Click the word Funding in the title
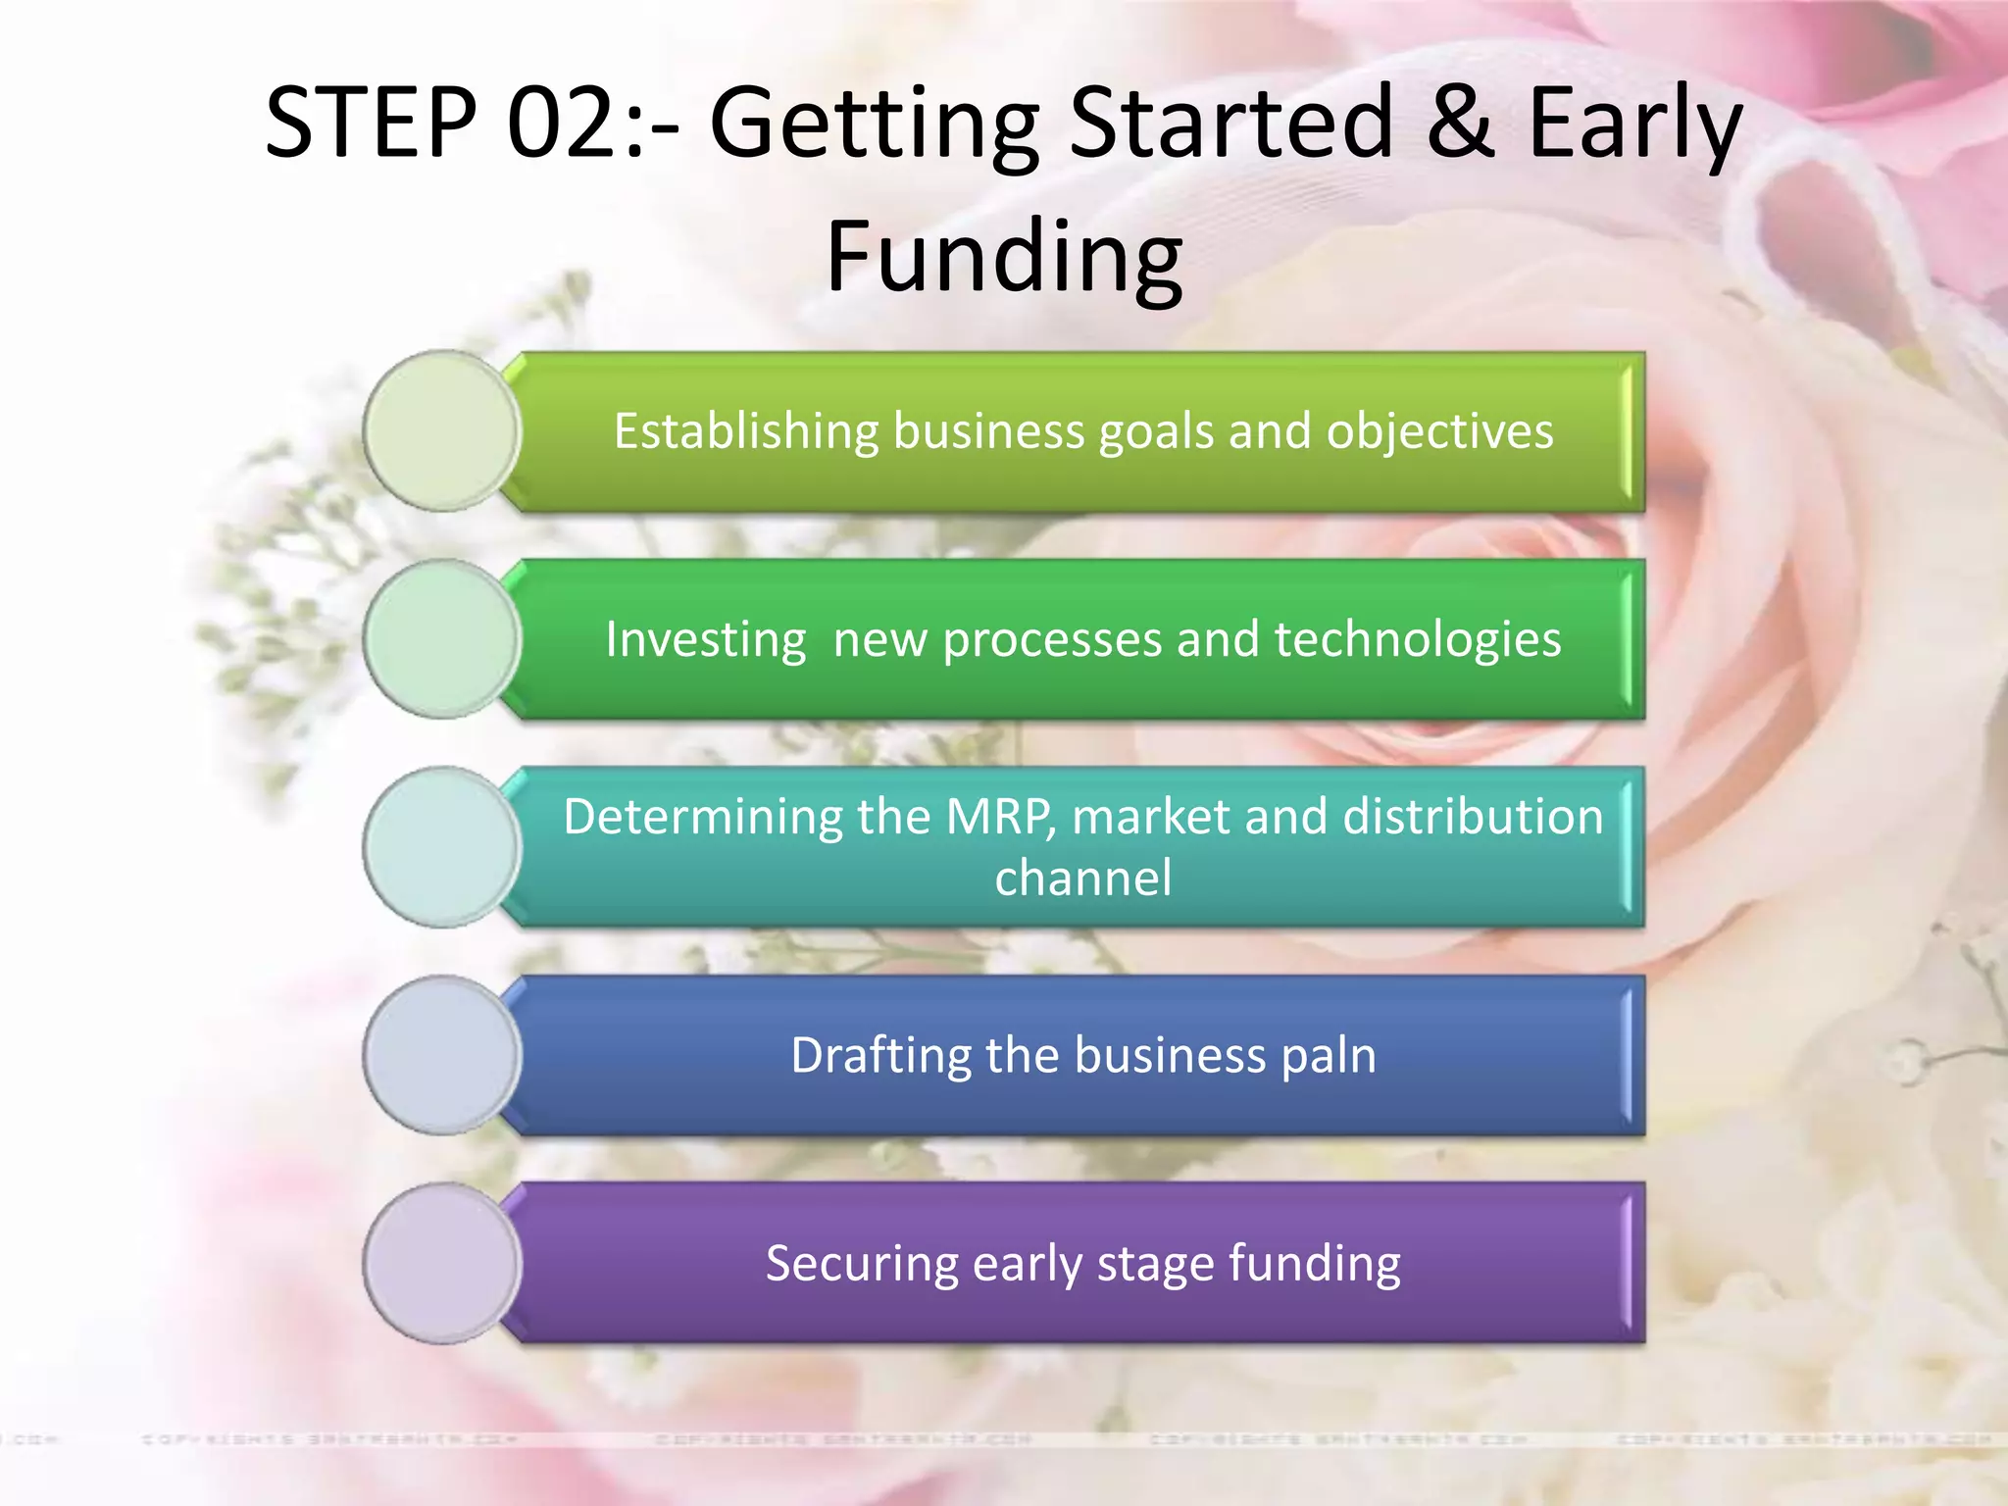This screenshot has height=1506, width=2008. pos(1004,257)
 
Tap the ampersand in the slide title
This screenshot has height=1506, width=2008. pos(1461,123)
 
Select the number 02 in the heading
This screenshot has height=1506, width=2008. pos(560,123)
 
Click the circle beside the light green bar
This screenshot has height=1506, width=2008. pos(442,430)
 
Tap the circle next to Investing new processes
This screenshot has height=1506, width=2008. pos(442,639)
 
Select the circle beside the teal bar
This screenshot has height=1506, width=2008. pos(442,847)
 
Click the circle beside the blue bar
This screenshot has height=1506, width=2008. pos(442,1055)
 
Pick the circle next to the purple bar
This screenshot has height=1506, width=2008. pos(442,1263)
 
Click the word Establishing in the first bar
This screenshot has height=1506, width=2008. pos(746,431)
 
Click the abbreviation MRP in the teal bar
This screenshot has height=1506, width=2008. pos(1000,817)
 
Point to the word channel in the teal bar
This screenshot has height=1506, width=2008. pos(1082,878)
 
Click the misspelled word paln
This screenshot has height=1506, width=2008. pos(1329,1056)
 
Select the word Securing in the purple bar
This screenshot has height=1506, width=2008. pos(862,1264)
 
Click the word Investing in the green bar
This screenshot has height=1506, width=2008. pos(706,640)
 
